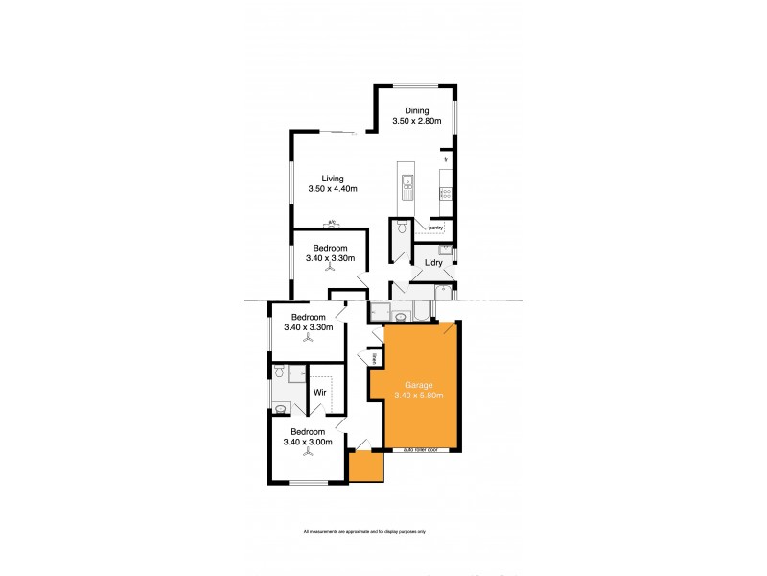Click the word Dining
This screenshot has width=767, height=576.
416,110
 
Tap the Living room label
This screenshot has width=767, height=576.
333,178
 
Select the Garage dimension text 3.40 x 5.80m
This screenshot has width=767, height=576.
420,395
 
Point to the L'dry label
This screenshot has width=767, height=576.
426,263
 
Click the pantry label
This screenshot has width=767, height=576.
435,228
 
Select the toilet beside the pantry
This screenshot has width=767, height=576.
401,228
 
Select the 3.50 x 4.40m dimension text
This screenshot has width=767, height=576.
333,189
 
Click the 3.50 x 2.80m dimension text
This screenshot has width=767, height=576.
416,122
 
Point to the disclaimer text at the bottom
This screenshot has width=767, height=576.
364,531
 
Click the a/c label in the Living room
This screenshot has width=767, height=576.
332,223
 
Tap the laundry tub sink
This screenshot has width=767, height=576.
445,249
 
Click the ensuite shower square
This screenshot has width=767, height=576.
296,373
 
